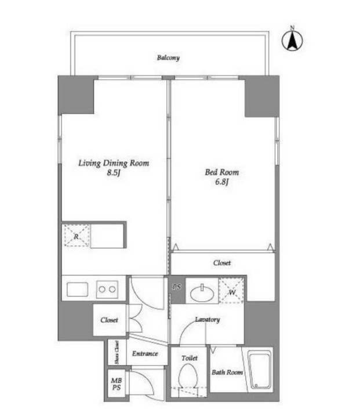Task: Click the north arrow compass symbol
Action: [x=292, y=40]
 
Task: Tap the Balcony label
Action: [x=168, y=57]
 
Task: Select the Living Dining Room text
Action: [x=114, y=163]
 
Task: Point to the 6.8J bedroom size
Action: [x=222, y=182]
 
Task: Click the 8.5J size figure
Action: [x=114, y=173]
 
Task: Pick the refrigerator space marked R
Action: [x=77, y=236]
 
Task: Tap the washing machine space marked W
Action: [x=232, y=290]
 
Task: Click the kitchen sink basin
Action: [x=78, y=290]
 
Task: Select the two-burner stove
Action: [x=107, y=290]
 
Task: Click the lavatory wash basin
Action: [x=202, y=293]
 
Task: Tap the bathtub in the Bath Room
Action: [x=260, y=370]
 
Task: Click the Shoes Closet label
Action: [x=117, y=352]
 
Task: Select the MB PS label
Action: [x=117, y=384]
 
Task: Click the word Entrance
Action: [x=145, y=353]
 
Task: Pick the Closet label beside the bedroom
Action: [x=222, y=263]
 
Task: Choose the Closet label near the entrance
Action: [x=109, y=320]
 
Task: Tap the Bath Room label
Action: [x=227, y=373]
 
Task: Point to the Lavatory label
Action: [x=208, y=320]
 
